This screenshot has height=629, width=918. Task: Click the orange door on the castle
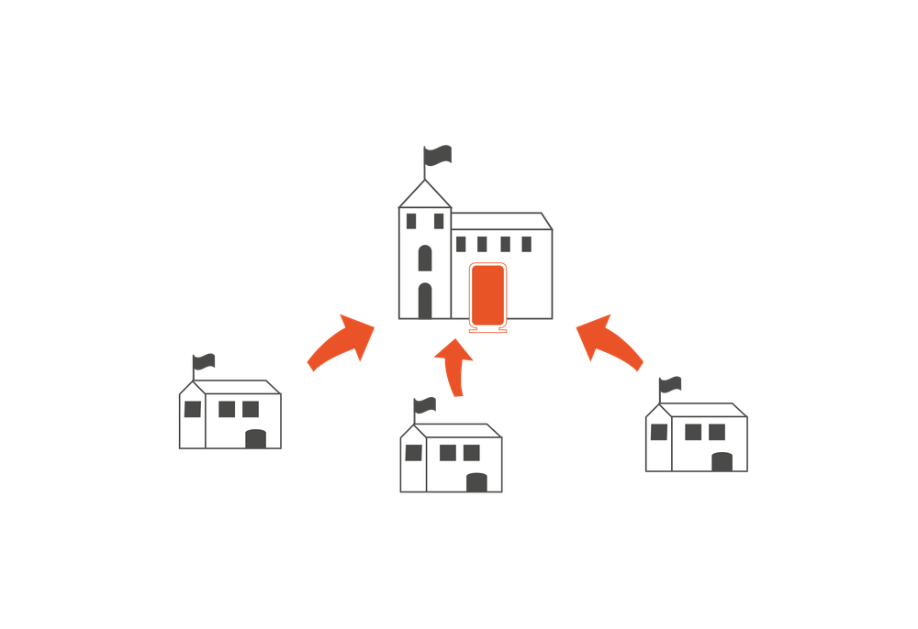point(487,294)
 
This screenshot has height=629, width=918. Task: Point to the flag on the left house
point(205,362)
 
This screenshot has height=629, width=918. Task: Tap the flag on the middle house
point(426,404)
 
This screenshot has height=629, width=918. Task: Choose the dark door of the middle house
point(476,482)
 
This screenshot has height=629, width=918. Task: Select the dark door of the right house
point(722,461)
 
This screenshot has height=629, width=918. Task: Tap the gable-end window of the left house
point(192,409)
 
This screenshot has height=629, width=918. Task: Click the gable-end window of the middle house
point(413,452)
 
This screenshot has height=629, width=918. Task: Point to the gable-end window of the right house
point(659,432)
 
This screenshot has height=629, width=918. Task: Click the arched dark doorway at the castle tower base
point(425,300)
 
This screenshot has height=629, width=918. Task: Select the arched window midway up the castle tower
point(425,258)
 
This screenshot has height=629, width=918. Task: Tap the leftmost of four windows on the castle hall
point(461,244)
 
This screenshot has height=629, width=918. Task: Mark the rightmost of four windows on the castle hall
point(526,244)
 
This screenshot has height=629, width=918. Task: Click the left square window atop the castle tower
point(410,221)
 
